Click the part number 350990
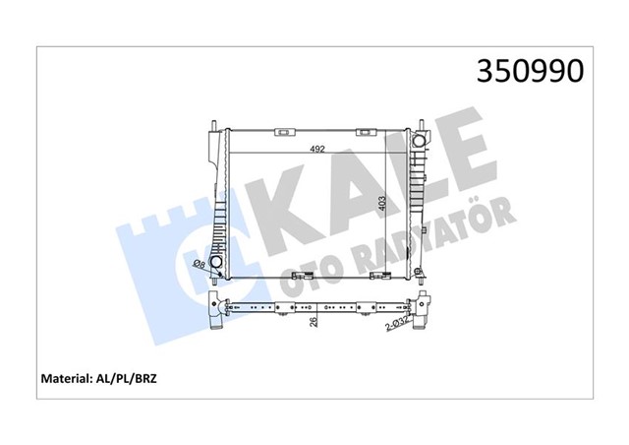pos(530,71)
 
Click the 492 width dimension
pos(316,149)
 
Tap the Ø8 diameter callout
pos(200,264)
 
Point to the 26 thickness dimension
pos(314,321)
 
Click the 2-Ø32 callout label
pos(397,324)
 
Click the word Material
pos(65,378)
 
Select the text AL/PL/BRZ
pos(125,378)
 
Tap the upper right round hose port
pos(419,141)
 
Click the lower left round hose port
pos(216,262)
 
